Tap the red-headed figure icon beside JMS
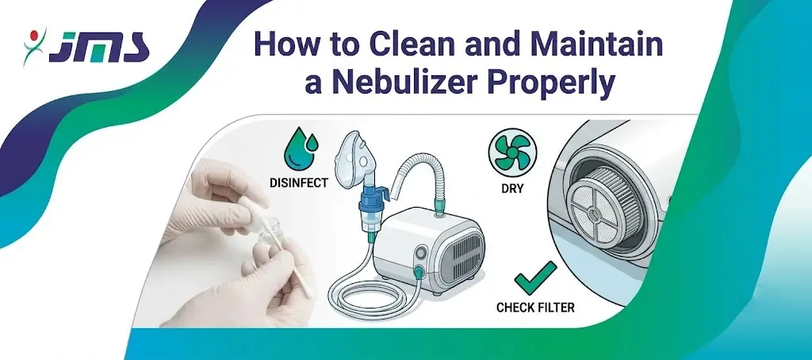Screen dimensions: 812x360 pos(34,46)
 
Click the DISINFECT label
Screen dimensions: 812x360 pos(299,183)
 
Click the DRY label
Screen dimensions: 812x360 pos(512,189)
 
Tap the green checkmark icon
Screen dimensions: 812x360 pos(535,278)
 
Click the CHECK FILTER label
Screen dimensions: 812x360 pos(535,308)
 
